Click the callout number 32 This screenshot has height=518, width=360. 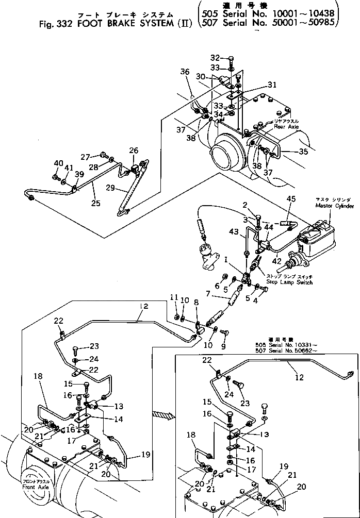click(215, 58)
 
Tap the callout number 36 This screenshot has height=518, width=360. click(185, 72)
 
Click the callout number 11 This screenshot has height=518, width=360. click(174, 297)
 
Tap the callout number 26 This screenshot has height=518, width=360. click(134, 151)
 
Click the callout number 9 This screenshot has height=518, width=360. click(223, 347)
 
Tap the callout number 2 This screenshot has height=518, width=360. click(245, 205)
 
